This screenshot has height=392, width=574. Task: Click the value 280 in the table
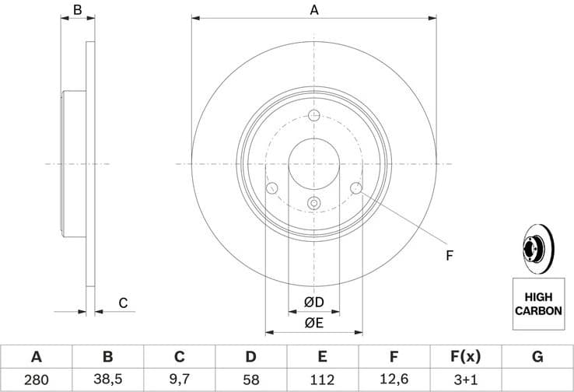point(36,380)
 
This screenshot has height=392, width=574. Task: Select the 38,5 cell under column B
point(108,380)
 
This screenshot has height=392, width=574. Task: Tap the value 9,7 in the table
point(179,380)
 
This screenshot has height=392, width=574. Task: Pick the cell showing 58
point(250,380)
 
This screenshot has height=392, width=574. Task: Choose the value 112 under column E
point(322,380)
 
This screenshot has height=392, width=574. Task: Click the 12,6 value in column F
point(394,380)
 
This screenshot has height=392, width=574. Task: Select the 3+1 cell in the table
point(466,380)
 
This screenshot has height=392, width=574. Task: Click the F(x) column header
point(466,357)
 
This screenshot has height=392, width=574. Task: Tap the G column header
point(537,357)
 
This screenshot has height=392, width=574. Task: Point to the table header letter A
point(36,357)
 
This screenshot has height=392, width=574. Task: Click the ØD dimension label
point(313,301)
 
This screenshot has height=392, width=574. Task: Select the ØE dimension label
point(313,323)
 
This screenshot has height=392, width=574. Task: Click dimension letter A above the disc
point(314,10)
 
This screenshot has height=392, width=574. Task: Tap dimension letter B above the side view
point(77,10)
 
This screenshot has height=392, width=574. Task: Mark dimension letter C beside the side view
point(122,303)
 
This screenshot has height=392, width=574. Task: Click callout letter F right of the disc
point(449,255)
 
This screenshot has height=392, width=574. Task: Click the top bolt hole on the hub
point(314,117)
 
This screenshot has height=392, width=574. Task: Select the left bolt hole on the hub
point(271,188)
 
